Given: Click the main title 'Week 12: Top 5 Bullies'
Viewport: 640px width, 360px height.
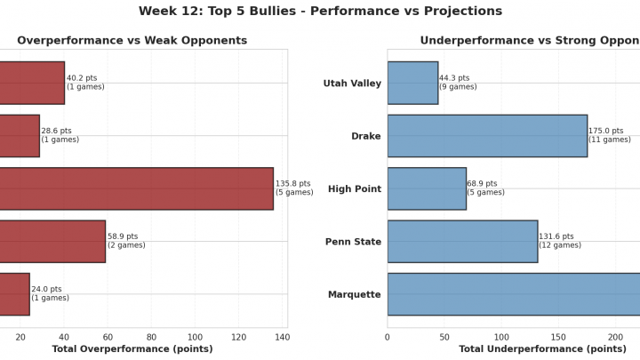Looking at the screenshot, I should [x=320, y=12].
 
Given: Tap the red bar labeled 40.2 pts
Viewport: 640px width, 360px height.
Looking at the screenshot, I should [x=32, y=83].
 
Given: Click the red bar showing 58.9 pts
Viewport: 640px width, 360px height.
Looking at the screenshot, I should [x=52, y=241].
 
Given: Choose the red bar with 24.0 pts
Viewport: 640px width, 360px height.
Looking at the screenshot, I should [x=14, y=294].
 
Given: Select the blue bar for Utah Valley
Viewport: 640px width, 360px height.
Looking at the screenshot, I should [x=412, y=83].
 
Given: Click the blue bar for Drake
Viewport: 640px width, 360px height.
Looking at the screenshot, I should [x=487, y=135].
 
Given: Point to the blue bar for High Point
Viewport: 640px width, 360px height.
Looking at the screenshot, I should [x=427, y=188].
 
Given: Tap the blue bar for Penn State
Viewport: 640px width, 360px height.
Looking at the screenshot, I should [x=462, y=241].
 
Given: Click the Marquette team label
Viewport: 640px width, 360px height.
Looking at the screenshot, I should [x=355, y=294].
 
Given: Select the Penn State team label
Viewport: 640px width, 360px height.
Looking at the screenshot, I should [x=352, y=242].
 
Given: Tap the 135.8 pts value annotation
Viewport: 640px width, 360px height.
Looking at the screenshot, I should [x=294, y=188].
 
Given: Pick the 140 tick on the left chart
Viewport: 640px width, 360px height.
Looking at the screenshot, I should [x=282, y=337].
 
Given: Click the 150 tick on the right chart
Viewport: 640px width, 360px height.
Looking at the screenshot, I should [x=558, y=337].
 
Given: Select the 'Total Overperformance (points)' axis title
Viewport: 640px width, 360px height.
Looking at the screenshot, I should [x=132, y=349].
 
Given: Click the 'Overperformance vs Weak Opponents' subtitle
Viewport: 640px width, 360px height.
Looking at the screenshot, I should [x=132, y=41].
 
